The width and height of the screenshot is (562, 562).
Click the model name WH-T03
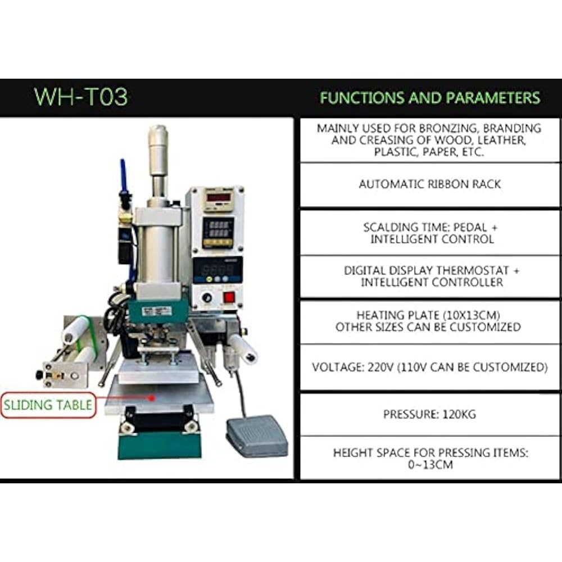81,97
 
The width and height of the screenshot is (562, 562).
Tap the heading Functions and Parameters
430,98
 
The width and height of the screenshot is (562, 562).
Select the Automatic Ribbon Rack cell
430,184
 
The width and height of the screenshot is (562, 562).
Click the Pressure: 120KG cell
430,414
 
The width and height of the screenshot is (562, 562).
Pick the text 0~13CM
430,465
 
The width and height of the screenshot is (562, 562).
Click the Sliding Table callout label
48,405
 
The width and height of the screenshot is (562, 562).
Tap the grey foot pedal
257,435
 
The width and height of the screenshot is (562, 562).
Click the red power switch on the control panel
229,297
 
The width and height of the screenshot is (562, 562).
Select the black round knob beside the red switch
207,297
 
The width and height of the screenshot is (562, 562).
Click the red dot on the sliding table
152,398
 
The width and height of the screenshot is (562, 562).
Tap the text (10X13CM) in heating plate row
472,315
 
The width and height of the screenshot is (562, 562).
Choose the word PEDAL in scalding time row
470,228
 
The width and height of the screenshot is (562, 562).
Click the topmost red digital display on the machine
218,197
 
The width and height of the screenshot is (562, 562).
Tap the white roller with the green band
76,329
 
